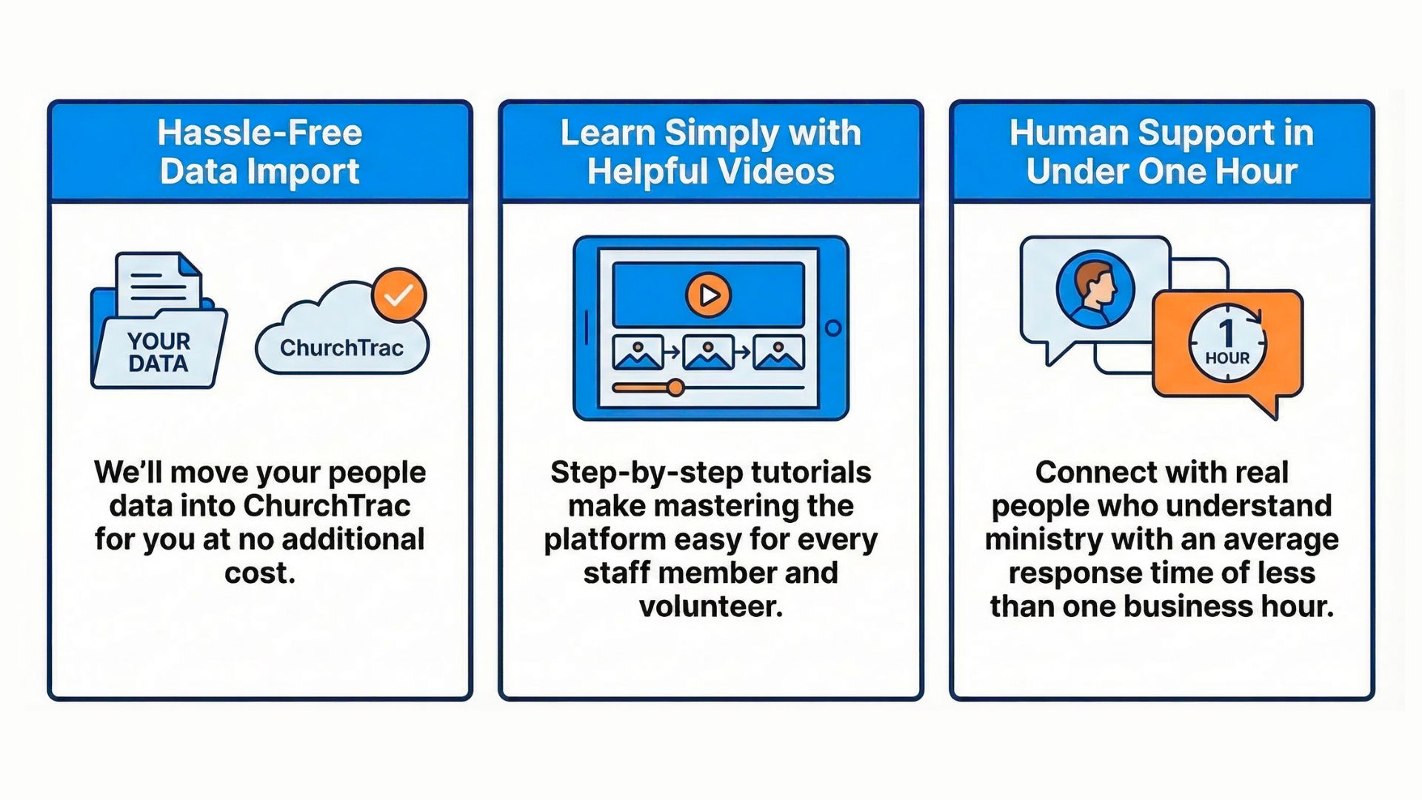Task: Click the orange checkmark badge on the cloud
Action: tap(398, 295)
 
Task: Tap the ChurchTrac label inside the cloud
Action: tap(341, 347)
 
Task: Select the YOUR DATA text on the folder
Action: tap(158, 353)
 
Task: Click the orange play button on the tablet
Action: tap(708, 295)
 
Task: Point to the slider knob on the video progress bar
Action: tap(675, 387)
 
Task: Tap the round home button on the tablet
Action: tap(833, 328)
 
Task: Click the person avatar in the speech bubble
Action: tap(1095, 289)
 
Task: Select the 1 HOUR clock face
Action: tap(1227, 344)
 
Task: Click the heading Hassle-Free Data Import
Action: tap(260, 152)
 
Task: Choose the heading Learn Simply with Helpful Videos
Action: tap(711, 152)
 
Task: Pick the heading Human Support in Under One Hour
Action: tap(1161, 152)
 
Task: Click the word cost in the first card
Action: tap(259, 573)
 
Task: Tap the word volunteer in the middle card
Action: tap(711, 607)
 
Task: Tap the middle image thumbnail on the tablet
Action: tap(708, 353)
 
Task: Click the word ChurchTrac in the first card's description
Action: tap(327, 506)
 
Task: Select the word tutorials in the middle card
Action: tap(811, 473)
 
